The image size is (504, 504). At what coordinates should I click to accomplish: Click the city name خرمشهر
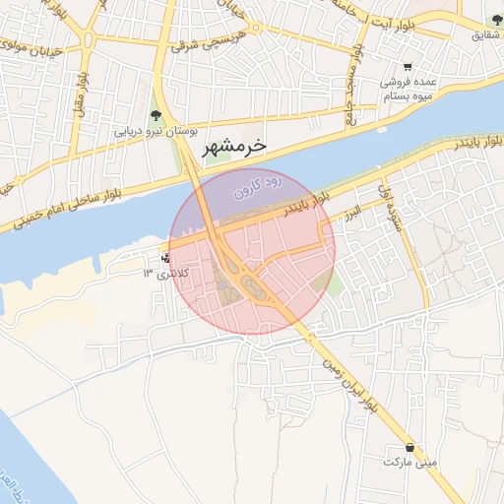(233, 148)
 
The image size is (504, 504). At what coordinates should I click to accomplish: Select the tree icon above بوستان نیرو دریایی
(154, 116)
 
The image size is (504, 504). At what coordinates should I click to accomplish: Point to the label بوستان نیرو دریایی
(157, 131)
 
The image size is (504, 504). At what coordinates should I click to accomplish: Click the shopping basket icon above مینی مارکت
(410, 446)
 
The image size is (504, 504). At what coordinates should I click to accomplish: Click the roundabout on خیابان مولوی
(89, 42)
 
